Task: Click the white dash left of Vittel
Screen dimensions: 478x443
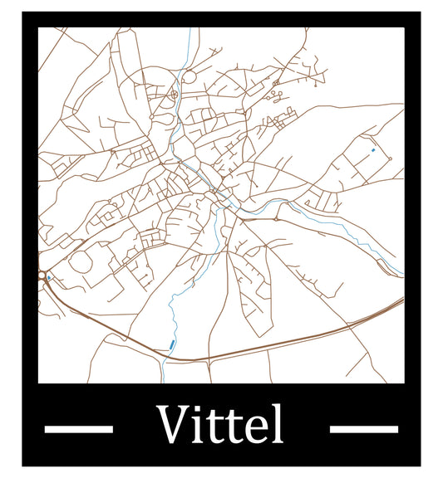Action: tap(77, 428)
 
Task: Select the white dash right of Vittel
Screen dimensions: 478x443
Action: tap(363, 428)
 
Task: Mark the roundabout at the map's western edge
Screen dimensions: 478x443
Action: tap(42, 276)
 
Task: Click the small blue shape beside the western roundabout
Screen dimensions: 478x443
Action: tap(49, 276)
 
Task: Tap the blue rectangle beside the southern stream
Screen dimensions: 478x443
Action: tap(171, 344)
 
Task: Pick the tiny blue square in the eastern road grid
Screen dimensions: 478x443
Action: tap(373, 149)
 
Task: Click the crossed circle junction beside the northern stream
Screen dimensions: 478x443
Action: tap(175, 95)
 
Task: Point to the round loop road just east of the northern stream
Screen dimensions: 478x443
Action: tap(189, 77)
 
